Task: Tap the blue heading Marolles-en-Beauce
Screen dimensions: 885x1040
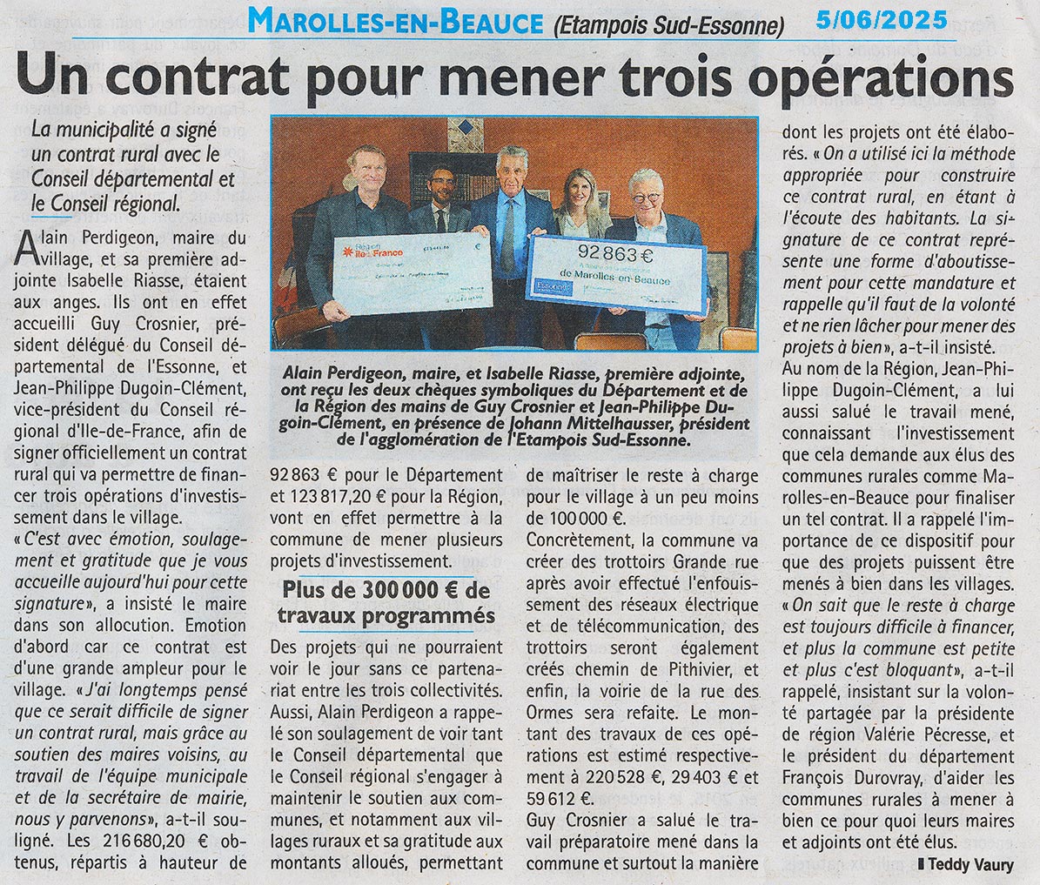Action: (x=395, y=22)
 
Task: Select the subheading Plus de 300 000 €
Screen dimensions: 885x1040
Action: (x=387, y=591)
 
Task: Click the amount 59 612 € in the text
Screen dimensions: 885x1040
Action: (x=559, y=797)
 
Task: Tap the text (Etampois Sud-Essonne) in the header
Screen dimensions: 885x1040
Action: (x=668, y=26)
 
